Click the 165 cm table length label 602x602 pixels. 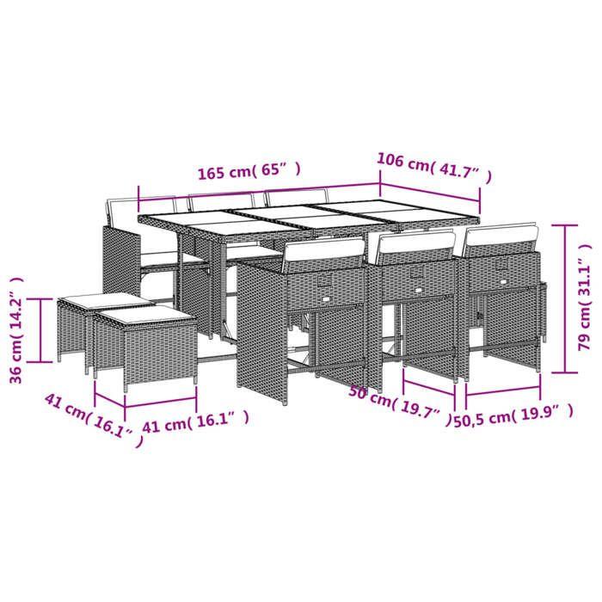click(x=249, y=172)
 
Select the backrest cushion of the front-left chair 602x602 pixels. click(x=324, y=250)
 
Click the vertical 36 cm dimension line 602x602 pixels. click(x=40, y=331)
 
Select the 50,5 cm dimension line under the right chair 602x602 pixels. click(x=503, y=395)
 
